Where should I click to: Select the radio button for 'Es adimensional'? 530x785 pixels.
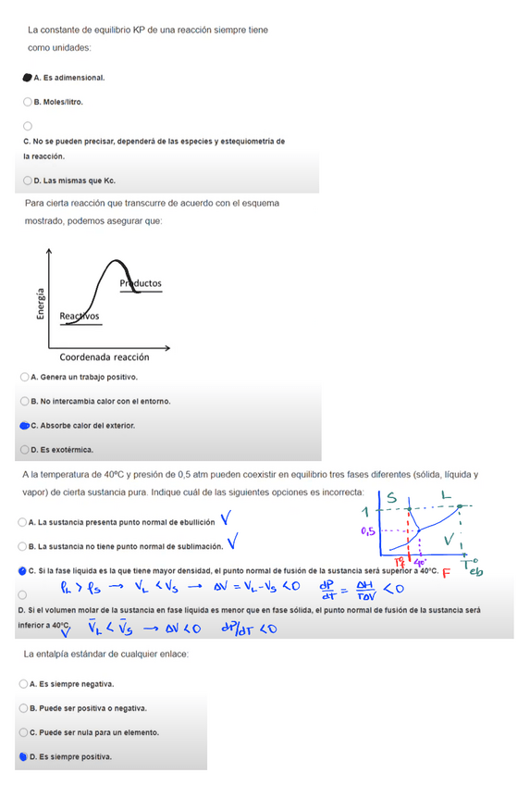[x=28, y=78]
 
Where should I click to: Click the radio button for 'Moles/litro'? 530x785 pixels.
[x=28, y=102]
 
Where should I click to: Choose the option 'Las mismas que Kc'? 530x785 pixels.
[x=28, y=181]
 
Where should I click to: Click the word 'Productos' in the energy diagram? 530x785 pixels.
[x=141, y=282]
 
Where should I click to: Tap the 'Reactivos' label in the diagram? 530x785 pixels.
[x=80, y=317]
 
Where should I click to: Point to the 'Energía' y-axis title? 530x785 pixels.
[x=40, y=302]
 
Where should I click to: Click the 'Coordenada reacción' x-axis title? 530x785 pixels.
[x=104, y=357]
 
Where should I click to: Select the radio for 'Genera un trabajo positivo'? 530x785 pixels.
[x=24, y=377]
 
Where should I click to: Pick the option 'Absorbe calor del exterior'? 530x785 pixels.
[x=24, y=426]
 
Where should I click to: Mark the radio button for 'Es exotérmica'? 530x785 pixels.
[x=24, y=450]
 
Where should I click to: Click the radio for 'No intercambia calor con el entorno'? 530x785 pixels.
[x=24, y=401]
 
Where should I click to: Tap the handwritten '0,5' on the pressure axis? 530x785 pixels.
[x=368, y=531]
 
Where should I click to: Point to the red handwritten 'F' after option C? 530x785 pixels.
[x=447, y=572]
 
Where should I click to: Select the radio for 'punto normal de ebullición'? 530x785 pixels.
[x=22, y=522]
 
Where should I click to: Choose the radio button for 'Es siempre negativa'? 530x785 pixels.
[x=22, y=684]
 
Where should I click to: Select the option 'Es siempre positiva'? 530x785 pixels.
[x=22, y=756]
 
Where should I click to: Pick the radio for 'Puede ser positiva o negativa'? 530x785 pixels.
[x=22, y=708]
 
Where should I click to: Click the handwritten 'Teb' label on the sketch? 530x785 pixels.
[x=472, y=567]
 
